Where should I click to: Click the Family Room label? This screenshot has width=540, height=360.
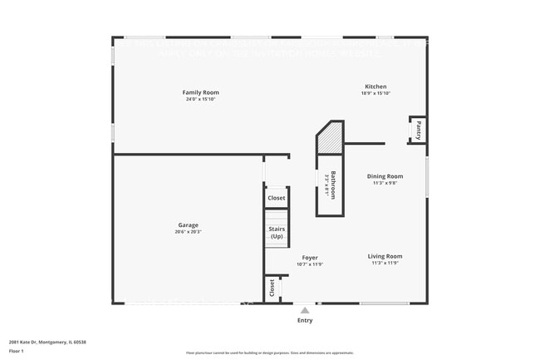pos(201,92)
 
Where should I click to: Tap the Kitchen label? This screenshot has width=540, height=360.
pos(376,86)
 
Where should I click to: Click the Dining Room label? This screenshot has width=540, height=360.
pos(385,176)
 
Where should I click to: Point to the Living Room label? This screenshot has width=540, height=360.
pos(385,257)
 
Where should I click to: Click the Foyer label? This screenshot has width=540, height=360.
pos(309,258)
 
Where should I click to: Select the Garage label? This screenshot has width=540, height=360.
pos(188,225)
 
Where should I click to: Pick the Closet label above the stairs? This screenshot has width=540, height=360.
pos(277,199)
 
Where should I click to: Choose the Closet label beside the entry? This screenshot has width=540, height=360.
pos(272,288)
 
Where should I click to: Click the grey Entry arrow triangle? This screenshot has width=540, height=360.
pos(305,310)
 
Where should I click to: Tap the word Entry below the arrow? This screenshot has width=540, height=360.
pos(305,320)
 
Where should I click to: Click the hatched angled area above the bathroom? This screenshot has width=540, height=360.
pos(331,138)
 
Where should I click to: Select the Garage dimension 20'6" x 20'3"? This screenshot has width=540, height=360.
pos(188,232)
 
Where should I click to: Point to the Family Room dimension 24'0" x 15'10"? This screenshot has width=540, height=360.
pos(201,99)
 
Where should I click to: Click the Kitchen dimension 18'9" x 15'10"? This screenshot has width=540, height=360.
pos(376,93)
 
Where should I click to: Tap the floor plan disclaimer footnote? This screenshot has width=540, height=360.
pos(269,353)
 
